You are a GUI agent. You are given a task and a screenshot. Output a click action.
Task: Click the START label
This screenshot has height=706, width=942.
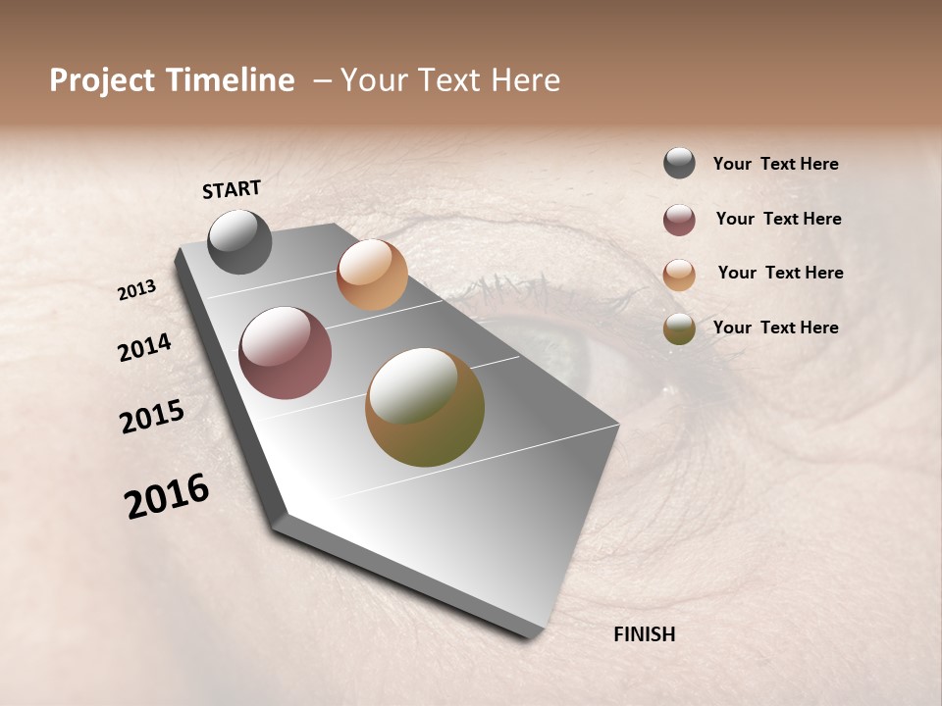[232, 189]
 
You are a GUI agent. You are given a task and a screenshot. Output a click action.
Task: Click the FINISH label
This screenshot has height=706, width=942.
[644, 634]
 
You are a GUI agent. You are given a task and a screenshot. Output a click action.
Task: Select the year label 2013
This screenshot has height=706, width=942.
[137, 290]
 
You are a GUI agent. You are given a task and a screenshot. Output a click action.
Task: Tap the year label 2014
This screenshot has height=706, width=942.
[145, 348]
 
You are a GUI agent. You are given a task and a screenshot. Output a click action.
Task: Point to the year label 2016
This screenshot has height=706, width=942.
[167, 496]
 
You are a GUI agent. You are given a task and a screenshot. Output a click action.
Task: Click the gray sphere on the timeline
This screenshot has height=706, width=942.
[239, 241]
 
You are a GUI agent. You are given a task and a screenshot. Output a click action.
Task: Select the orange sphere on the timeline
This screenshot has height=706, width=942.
[372, 275]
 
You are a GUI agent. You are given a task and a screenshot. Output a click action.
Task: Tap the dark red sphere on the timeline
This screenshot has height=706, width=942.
[285, 353]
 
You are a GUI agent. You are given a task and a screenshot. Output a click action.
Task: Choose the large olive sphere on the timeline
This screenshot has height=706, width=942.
[425, 407]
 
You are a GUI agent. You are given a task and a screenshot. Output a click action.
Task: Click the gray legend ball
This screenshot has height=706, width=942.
[679, 164]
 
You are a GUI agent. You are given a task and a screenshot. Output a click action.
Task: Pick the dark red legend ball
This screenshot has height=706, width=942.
[679, 220]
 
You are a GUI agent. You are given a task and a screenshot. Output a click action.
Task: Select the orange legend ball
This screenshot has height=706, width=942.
[679, 274]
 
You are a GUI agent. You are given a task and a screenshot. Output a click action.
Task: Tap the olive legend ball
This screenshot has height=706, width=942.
[679, 328]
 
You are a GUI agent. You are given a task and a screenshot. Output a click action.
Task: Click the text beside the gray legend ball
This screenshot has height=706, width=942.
[775, 165]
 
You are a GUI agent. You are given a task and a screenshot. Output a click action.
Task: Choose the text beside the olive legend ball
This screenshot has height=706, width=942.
[775, 328]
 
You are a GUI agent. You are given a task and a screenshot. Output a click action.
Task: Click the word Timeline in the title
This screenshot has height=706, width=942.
[230, 80]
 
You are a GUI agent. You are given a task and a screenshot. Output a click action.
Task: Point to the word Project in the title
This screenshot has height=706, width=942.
[102, 80]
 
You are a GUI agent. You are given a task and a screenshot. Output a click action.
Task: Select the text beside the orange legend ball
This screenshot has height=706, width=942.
[780, 273]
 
